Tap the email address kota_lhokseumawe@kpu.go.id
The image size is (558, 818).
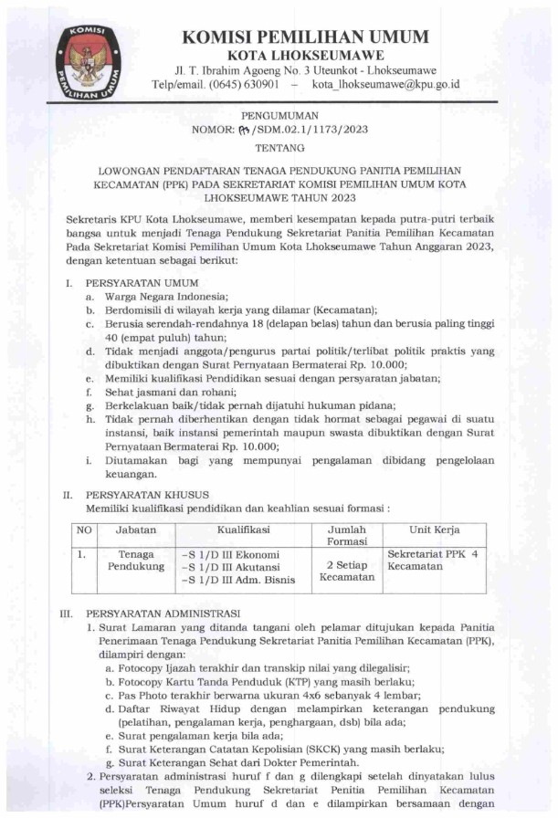click(x=385, y=85)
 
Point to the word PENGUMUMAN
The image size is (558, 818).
click(x=279, y=116)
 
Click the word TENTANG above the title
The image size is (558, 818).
click(x=279, y=147)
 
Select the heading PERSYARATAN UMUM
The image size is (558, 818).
click(x=136, y=283)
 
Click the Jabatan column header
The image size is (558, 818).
click(x=135, y=530)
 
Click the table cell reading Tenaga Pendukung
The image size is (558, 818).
click(x=135, y=561)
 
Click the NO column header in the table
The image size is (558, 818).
click(x=84, y=530)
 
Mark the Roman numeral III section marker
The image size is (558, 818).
click(x=67, y=613)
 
